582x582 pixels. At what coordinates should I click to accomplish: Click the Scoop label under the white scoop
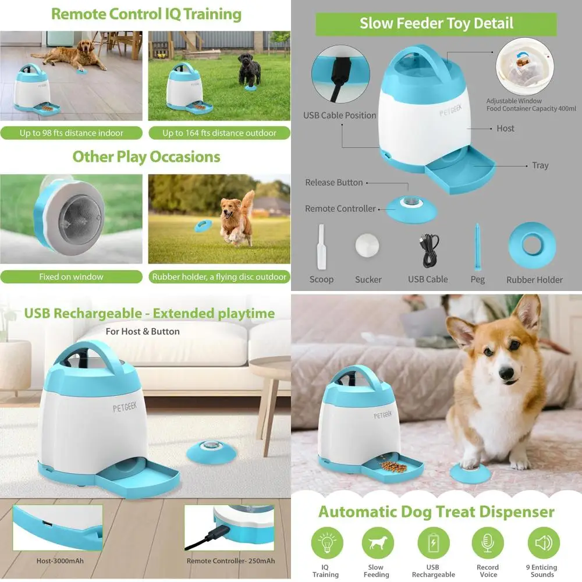(x=321, y=279)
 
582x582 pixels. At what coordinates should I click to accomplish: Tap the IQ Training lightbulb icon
(x=326, y=544)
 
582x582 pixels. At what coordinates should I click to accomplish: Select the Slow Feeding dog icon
(x=377, y=544)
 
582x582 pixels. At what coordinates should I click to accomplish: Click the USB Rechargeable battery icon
(x=433, y=544)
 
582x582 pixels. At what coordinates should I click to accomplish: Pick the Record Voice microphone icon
(x=487, y=544)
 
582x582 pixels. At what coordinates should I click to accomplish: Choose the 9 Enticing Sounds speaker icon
(x=543, y=544)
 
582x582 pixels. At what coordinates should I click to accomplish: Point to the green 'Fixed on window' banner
(x=71, y=276)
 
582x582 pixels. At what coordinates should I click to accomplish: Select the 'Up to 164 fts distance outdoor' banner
(x=219, y=133)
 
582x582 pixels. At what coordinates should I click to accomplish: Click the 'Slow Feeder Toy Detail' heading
(x=436, y=24)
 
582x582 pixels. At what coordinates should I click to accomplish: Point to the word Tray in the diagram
(x=540, y=165)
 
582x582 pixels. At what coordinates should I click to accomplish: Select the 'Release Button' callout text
(x=333, y=182)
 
